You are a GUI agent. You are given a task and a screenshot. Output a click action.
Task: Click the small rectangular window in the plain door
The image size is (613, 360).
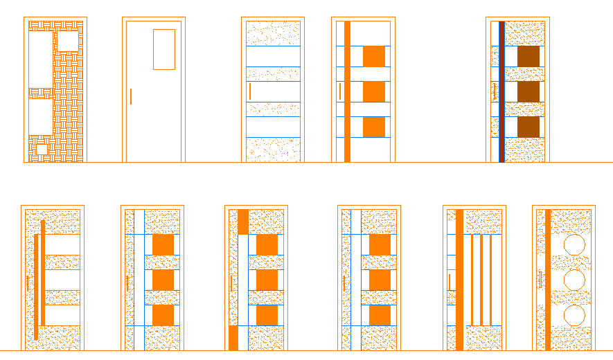point(164,49)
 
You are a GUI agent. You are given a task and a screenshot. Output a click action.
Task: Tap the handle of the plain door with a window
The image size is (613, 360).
point(131,96)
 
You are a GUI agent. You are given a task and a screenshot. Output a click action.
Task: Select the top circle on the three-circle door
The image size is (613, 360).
point(574,245)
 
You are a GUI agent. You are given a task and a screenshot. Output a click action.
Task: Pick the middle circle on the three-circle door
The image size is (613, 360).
point(574,280)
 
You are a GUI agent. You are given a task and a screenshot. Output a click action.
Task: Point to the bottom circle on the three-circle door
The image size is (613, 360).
point(574,315)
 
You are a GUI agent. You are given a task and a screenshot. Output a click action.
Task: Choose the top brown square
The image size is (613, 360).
point(528,56)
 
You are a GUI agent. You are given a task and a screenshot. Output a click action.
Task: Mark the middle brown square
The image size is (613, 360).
point(528,91)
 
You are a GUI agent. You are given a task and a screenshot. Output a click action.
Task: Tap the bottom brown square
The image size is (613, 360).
point(528,127)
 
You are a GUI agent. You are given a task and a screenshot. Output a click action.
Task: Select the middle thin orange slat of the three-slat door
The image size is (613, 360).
point(481,280)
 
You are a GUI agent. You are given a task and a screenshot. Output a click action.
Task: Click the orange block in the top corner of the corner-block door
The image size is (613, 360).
point(242,222)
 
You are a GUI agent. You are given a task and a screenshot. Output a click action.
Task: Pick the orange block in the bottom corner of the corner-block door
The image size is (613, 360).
point(233,338)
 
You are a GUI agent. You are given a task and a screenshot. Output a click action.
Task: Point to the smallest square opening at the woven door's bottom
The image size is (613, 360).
point(42,149)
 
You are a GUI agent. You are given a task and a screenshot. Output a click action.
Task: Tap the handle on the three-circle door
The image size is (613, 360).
point(540,279)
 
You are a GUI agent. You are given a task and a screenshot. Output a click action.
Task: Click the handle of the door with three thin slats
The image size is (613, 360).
point(449,282)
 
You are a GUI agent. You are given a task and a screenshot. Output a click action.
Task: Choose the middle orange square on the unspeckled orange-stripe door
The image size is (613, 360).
point(374,91)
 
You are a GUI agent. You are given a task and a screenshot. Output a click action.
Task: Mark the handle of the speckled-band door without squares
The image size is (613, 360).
point(250,91)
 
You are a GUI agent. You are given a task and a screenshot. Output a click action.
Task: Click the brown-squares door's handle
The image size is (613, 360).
point(494,91)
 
